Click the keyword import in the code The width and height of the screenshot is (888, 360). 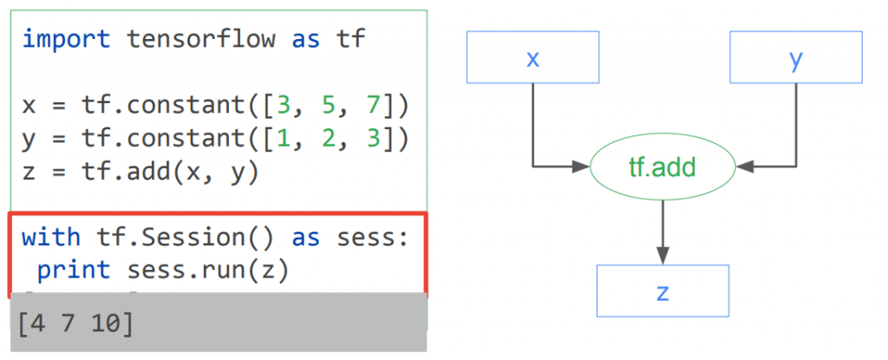click(66, 39)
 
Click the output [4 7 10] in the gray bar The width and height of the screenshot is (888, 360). click(75, 323)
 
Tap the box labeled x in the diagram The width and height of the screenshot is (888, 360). click(532, 58)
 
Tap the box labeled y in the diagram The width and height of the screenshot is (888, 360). click(795, 58)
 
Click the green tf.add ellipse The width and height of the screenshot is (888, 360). click(663, 167)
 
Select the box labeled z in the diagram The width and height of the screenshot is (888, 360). click(663, 291)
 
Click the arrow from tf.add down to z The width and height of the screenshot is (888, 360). click(663, 230)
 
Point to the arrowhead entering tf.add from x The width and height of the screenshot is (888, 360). click(582, 166)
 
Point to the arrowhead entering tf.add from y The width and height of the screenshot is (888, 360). click(743, 166)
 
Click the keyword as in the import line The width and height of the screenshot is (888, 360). click(304, 39)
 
